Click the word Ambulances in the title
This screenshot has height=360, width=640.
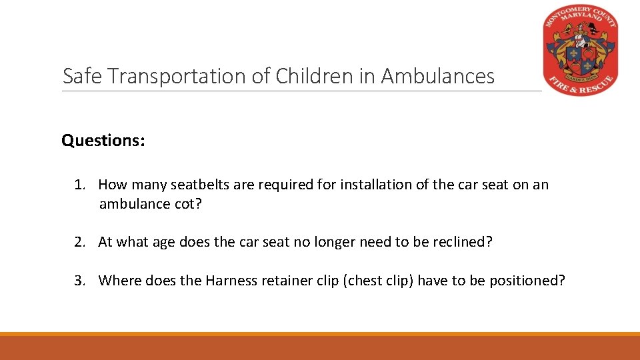[438, 77]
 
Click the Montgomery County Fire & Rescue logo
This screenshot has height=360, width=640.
[581, 51]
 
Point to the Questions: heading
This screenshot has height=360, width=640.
[103, 141]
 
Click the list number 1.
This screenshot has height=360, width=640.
[80, 185]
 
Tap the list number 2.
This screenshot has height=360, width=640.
[80, 242]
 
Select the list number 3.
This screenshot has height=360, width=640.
[80, 281]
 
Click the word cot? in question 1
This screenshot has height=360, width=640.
[187, 204]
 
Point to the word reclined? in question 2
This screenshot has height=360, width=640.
[459, 242]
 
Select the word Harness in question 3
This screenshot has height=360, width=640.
[231, 281]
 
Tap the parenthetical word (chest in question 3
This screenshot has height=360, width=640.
[362, 281]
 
